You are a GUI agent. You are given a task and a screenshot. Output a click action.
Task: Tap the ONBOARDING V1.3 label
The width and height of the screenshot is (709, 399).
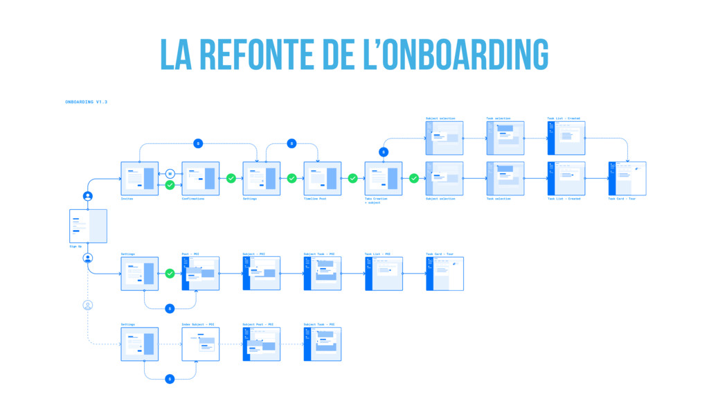pos(86,102)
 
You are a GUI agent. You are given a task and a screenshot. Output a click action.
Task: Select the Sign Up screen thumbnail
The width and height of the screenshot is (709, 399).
pos(88,226)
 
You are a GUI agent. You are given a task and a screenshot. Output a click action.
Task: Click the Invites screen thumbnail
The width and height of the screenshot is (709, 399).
pos(139,179)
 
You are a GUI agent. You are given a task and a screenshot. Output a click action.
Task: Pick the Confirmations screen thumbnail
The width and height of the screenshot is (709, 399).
pos(200,179)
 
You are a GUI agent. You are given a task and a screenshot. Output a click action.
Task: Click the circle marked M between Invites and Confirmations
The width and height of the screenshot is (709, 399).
pos(170,174)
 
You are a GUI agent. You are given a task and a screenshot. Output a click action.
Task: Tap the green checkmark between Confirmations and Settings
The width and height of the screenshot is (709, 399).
pos(231,179)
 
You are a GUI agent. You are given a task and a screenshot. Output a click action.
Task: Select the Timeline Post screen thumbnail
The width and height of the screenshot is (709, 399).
pos(322,179)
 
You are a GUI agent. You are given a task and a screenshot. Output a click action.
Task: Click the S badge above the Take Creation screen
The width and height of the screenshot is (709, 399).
pos(383,152)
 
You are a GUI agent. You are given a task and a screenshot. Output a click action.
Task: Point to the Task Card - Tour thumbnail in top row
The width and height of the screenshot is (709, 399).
pos(627,179)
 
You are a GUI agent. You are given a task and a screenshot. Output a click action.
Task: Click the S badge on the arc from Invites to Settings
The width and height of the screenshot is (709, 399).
pos(198,143)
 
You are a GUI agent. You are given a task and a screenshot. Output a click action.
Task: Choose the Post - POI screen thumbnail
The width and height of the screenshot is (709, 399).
pos(200,274)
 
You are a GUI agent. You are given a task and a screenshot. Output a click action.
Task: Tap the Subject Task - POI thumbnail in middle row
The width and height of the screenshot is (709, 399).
pos(322,274)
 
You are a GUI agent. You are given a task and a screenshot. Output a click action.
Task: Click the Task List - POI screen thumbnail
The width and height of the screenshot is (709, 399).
pos(383,274)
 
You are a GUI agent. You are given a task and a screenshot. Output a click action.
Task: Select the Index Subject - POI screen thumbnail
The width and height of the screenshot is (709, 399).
pos(200,344)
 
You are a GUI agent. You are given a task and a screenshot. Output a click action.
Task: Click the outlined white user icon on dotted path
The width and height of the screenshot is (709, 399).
pos(88,305)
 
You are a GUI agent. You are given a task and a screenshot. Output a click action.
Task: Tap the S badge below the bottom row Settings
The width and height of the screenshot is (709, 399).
pos(170,378)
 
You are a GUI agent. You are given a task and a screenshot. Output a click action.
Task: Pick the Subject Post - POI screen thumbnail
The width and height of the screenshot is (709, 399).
pos(261,344)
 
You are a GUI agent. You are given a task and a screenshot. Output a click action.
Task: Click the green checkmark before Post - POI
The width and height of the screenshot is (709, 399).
pos(170,274)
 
